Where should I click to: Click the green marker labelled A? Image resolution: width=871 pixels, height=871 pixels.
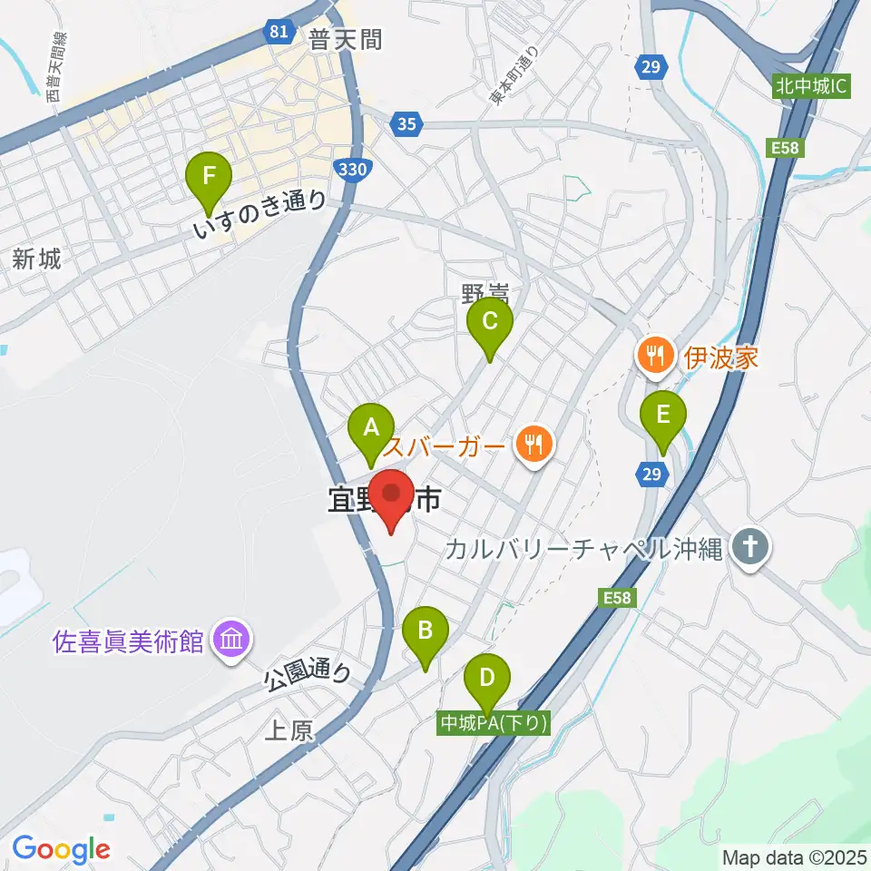click(x=370, y=427)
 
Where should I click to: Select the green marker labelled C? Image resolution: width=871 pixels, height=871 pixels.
click(x=490, y=322)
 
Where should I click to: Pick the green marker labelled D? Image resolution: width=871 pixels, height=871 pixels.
click(x=487, y=679)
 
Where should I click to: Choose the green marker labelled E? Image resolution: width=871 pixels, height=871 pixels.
click(x=663, y=416)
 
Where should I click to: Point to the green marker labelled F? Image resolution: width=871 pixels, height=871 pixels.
click(x=210, y=176)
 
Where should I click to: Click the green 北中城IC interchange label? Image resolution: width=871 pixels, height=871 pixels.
click(x=811, y=87)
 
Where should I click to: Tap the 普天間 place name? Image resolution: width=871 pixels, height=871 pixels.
click(x=345, y=39)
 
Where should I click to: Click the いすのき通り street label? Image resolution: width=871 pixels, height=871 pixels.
click(x=259, y=214)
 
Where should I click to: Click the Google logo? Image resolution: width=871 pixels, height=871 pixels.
click(x=62, y=849)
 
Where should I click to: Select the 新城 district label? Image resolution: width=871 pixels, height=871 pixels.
click(x=37, y=259)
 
